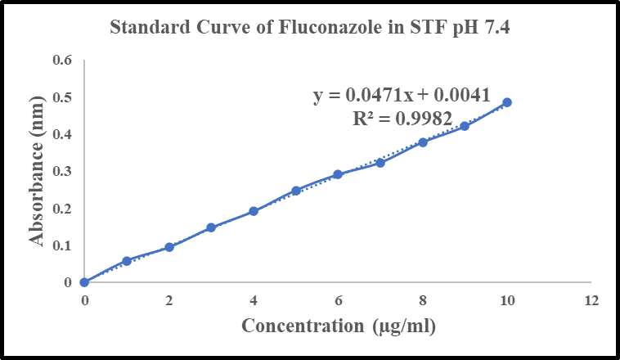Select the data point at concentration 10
tap(507, 102)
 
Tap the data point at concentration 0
tap(84, 282)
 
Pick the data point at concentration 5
tap(296, 191)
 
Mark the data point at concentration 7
tap(380, 163)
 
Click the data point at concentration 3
tap(211, 227)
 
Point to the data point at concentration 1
tap(127, 261)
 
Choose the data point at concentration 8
tap(423, 142)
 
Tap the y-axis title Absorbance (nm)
tap(36, 171)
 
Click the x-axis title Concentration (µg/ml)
tap(338, 326)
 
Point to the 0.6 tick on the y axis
tap(63, 61)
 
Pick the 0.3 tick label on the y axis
tap(63, 171)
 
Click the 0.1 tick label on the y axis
tap(63, 245)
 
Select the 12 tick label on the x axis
tap(591, 300)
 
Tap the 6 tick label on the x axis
tap(338, 300)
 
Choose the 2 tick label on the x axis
tap(169, 300)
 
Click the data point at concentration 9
tap(465, 126)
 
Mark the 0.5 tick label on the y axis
tap(63, 97)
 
